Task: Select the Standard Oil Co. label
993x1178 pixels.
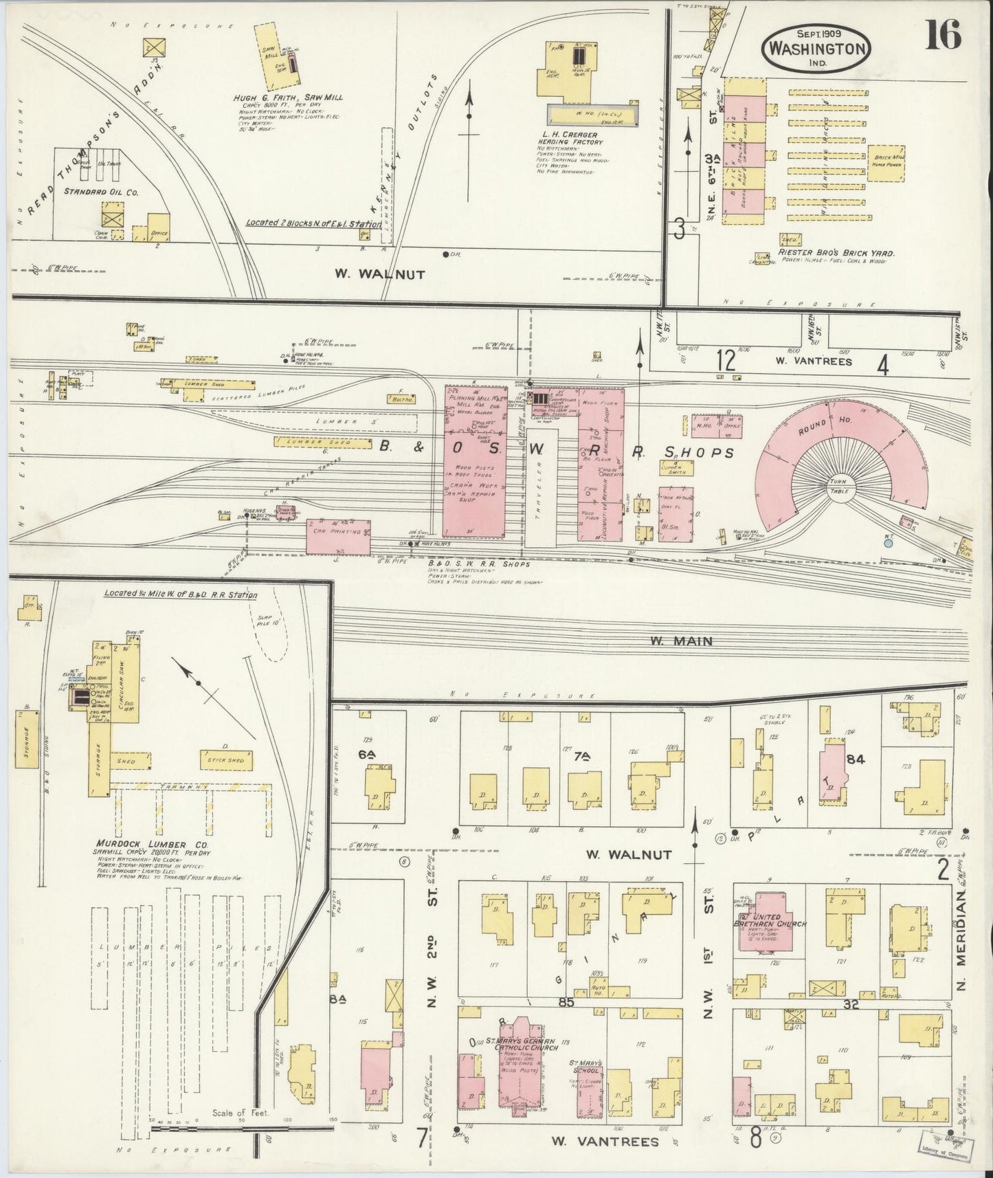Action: (x=100, y=192)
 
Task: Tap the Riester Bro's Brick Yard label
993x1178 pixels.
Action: (x=835, y=254)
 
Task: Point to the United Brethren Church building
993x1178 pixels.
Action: (x=770, y=924)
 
